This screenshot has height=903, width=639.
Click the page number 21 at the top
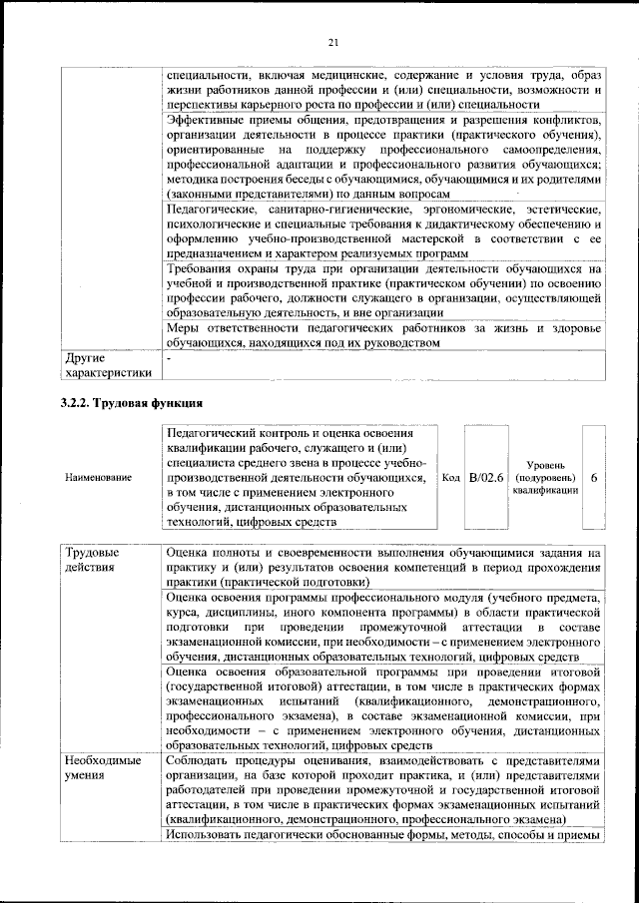[332, 40]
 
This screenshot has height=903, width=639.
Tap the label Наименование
[98, 478]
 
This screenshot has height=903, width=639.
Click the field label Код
[450, 477]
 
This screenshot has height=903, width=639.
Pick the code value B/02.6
[486, 477]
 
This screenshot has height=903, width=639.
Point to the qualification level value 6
[594, 477]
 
